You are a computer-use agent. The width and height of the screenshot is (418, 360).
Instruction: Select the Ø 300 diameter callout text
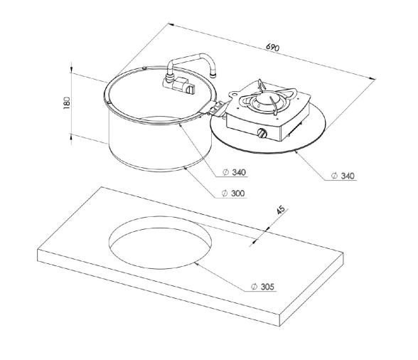[234, 194]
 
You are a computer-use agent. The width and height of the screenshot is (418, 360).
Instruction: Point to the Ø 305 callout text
[263, 287]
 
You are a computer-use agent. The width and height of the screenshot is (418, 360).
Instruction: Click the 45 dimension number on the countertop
[282, 211]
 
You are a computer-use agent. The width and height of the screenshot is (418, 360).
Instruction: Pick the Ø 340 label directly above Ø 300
[234, 173]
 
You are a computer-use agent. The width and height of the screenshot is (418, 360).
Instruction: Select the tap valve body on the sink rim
[181, 86]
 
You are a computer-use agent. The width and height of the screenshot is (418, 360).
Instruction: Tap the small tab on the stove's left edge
[232, 91]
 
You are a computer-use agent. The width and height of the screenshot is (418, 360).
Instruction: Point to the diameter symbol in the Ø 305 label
[254, 287]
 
